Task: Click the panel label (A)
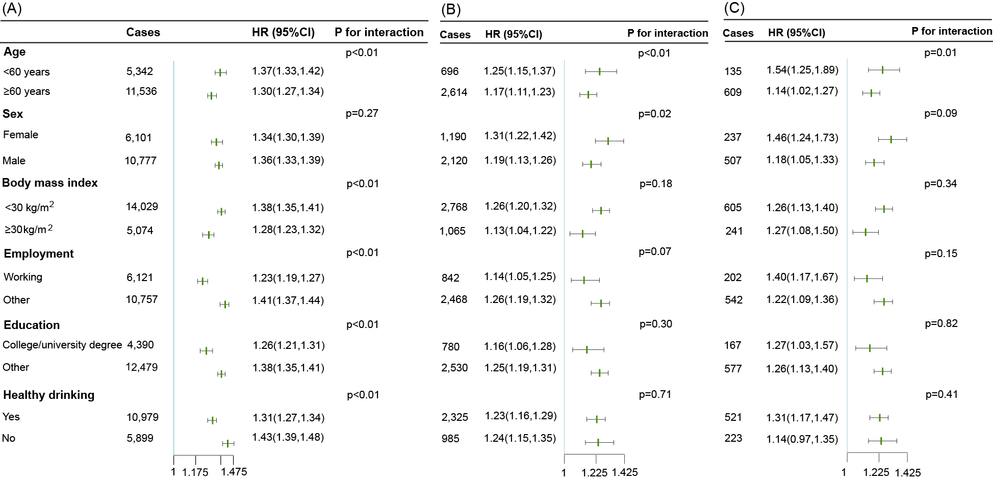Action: coord(12,9)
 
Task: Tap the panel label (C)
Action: coord(734,8)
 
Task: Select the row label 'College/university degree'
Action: coord(62,345)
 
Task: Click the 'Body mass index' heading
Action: coord(50,183)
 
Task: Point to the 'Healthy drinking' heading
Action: coord(49,395)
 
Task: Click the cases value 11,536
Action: coord(141,91)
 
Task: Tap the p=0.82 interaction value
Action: coord(941,323)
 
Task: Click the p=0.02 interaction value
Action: coord(655,114)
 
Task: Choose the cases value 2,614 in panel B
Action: coord(454,92)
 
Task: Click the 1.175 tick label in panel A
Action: coord(195,472)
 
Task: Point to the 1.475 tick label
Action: coord(234,472)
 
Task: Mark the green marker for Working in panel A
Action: coord(202,281)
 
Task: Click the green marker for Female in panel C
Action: coord(891,139)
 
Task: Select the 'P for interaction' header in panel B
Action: coord(668,33)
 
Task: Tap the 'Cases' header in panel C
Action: coord(738,33)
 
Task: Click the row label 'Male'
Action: coord(14,161)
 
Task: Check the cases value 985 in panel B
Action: coord(450,439)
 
